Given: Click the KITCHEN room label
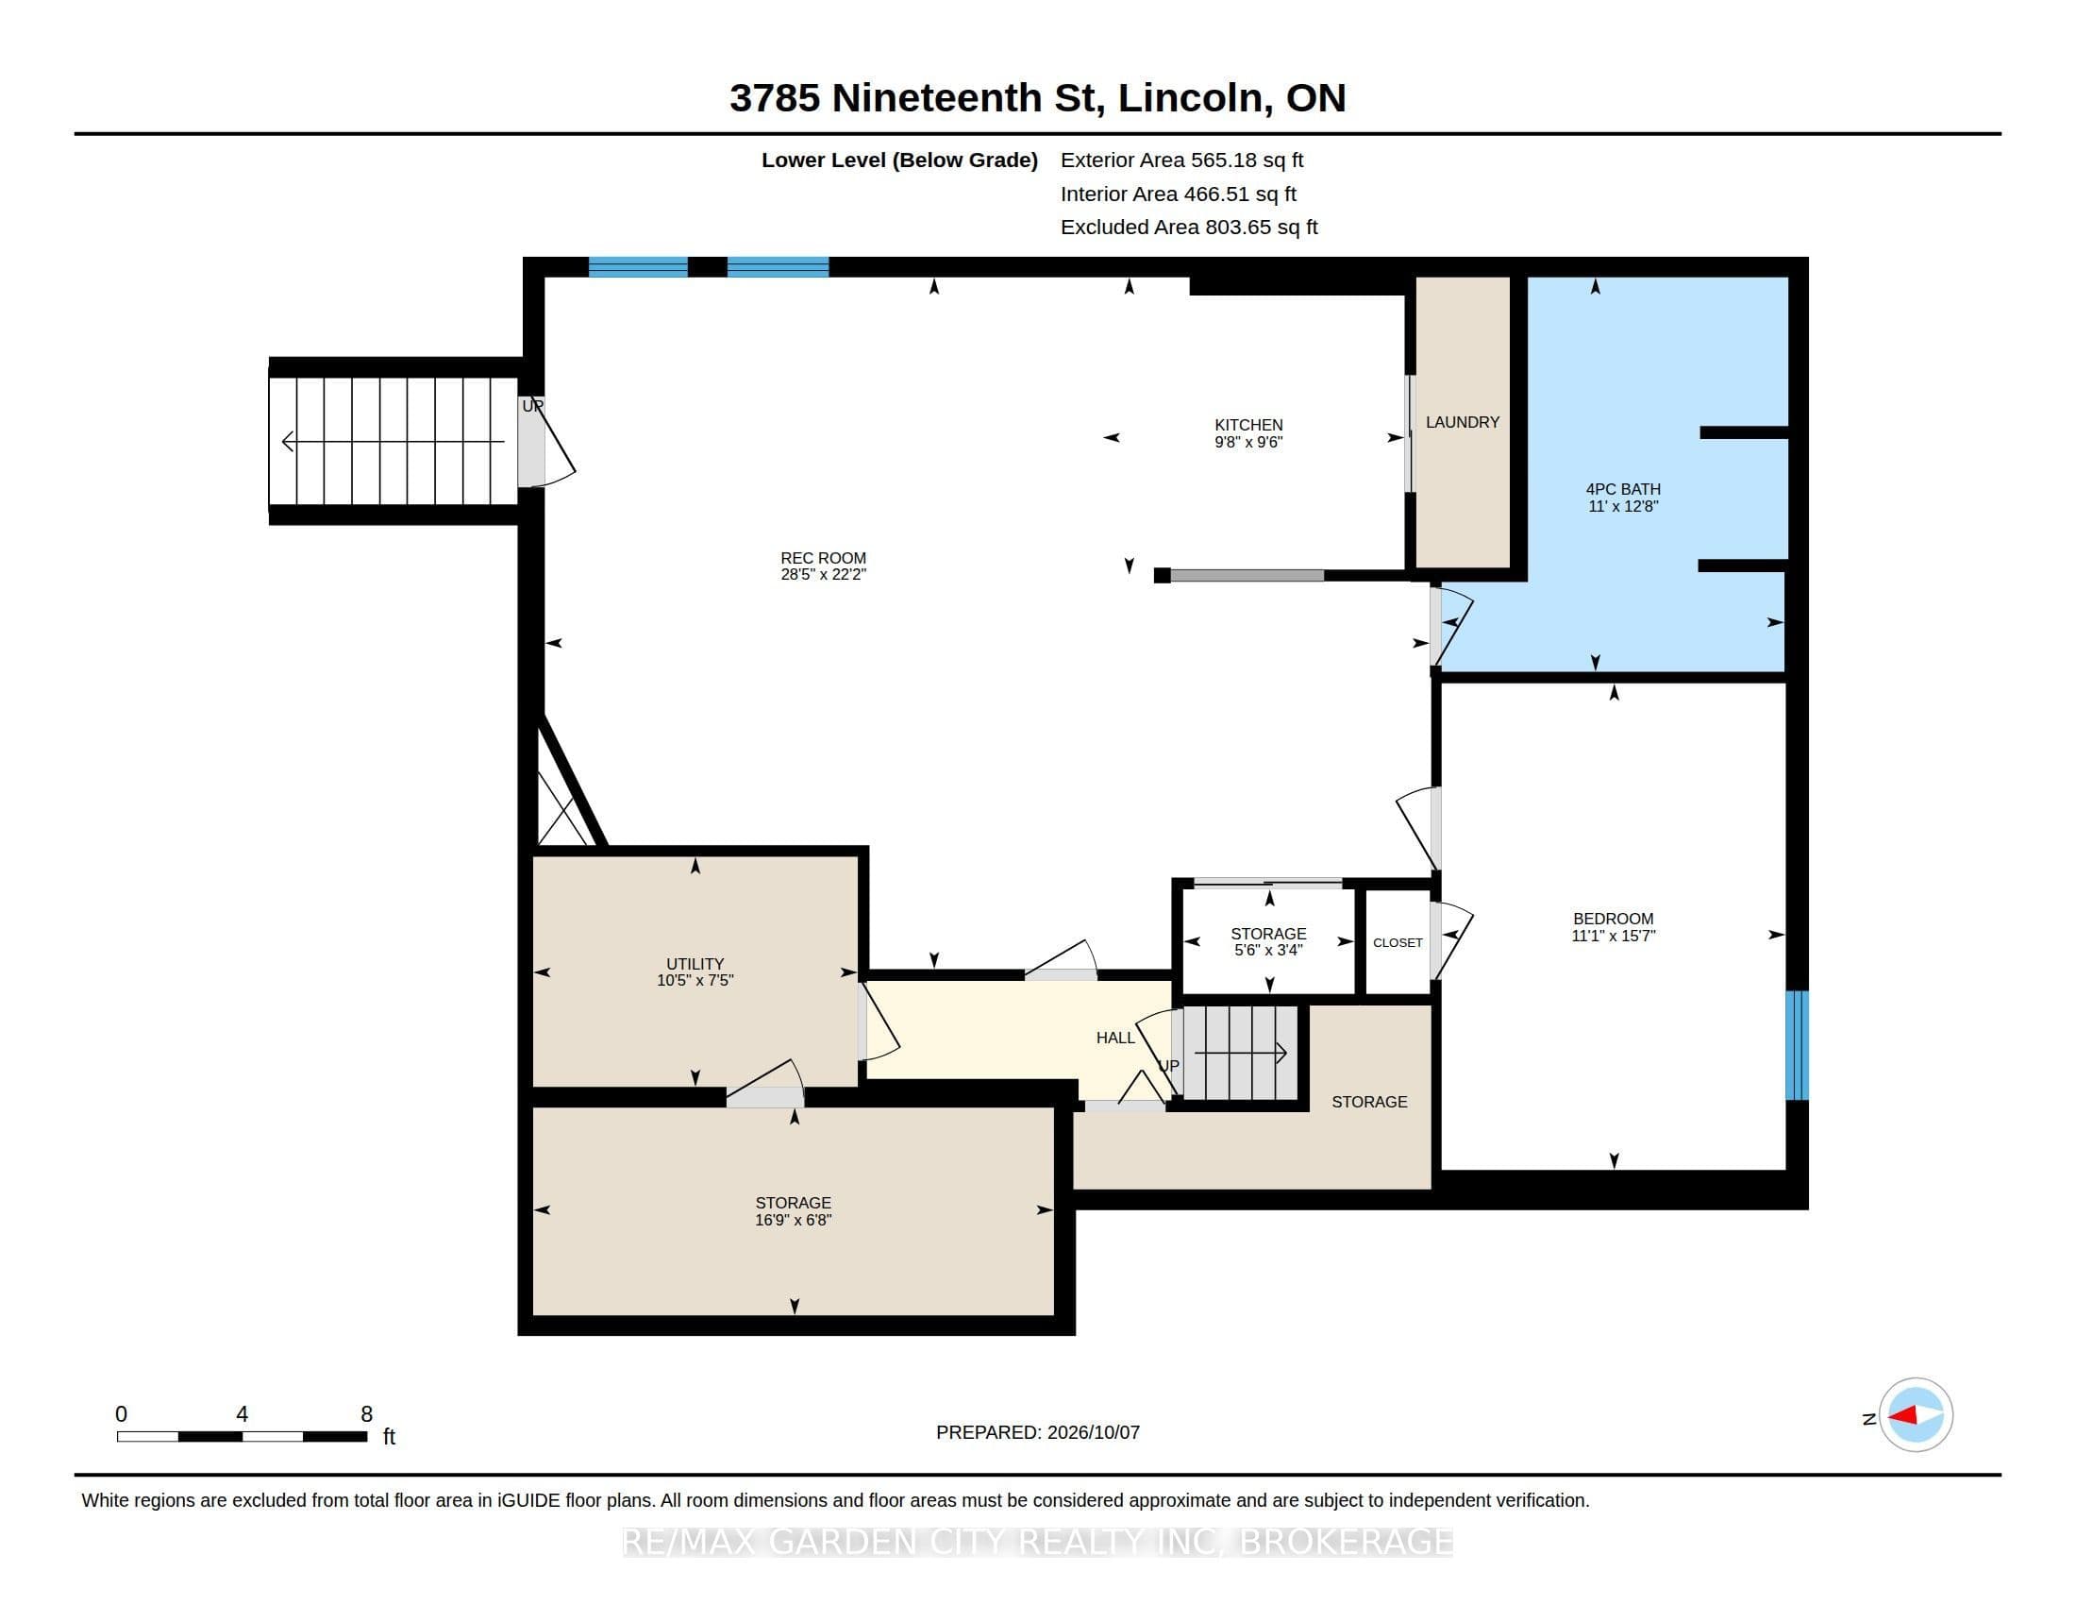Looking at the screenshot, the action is point(1248,425).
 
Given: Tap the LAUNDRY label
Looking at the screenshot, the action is point(1462,422).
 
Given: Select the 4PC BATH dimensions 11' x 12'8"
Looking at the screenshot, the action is point(1623,507).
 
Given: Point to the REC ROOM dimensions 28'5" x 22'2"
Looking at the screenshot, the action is point(823,574).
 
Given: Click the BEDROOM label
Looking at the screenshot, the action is point(1613,919).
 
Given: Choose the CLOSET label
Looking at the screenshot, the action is point(1398,942).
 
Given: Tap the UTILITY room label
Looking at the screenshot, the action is point(695,964).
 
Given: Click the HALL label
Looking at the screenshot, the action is point(1115,1038).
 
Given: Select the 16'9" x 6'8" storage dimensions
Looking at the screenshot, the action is point(793,1220).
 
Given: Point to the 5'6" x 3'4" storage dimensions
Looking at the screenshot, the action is point(1268,950).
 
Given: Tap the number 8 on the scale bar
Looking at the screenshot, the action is point(367,1414).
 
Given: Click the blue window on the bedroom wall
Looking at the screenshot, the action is point(1797,1045).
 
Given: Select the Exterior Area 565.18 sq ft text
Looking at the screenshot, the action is point(1181,160).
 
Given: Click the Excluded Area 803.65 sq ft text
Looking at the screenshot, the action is point(1189,228).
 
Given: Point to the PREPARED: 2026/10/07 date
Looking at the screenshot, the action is point(1037,1432).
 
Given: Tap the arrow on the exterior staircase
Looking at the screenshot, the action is point(393,441).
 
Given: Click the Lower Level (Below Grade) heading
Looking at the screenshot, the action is point(899,160).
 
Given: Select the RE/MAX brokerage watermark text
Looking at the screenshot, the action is point(1037,1542).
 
